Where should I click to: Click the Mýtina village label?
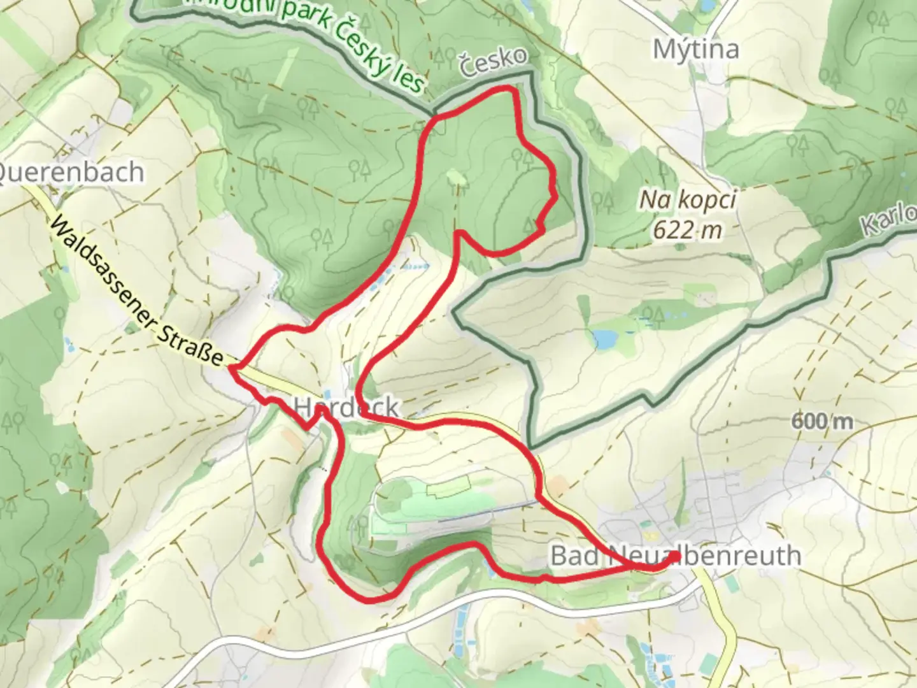coord(697,49)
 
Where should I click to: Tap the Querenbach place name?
coord(71,172)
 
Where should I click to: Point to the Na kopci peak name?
coord(688,201)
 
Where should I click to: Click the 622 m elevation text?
coord(688,229)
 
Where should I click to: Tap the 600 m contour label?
coord(821,421)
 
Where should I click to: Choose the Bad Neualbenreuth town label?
coord(675,555)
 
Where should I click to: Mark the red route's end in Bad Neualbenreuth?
coord(675,557)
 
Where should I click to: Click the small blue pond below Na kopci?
coord(602,338)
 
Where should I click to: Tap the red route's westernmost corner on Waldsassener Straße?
coord(232,368)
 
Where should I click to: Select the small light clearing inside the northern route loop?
coord(455,176)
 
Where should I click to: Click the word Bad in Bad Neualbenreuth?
coord(574,555)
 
